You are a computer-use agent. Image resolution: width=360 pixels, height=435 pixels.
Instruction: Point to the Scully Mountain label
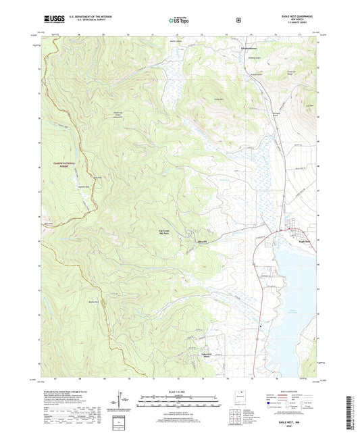218,99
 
